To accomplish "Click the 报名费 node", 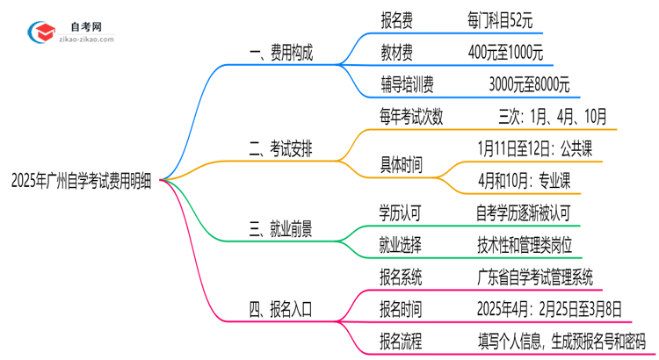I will tap(399, 17).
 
